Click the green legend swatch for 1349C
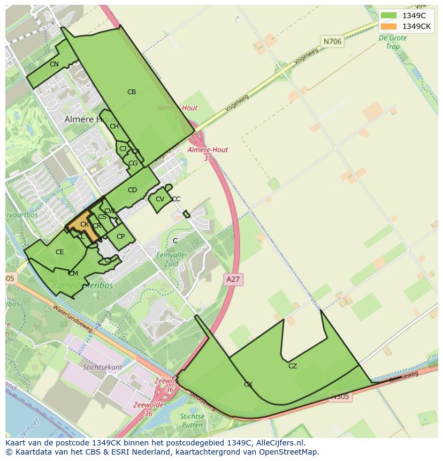tap(388, 15)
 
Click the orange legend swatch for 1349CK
tap(388, 26)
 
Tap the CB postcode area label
tap(132, 92)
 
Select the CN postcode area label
tap(54, 64)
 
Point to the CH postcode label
tap(114, 126)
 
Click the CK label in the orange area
tap(84, 224)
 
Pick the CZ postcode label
tap(292, 366)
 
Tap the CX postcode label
tap(248, 384)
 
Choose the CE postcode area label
tap(60, 252)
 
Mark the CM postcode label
tap(73, 274)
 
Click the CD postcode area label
tap(132, 190)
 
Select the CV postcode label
tap(159, 199)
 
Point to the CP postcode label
tap(120, 237)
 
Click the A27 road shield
tap(233, 279)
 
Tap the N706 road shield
tap(332, 41)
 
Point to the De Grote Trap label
tap(392, 42)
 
